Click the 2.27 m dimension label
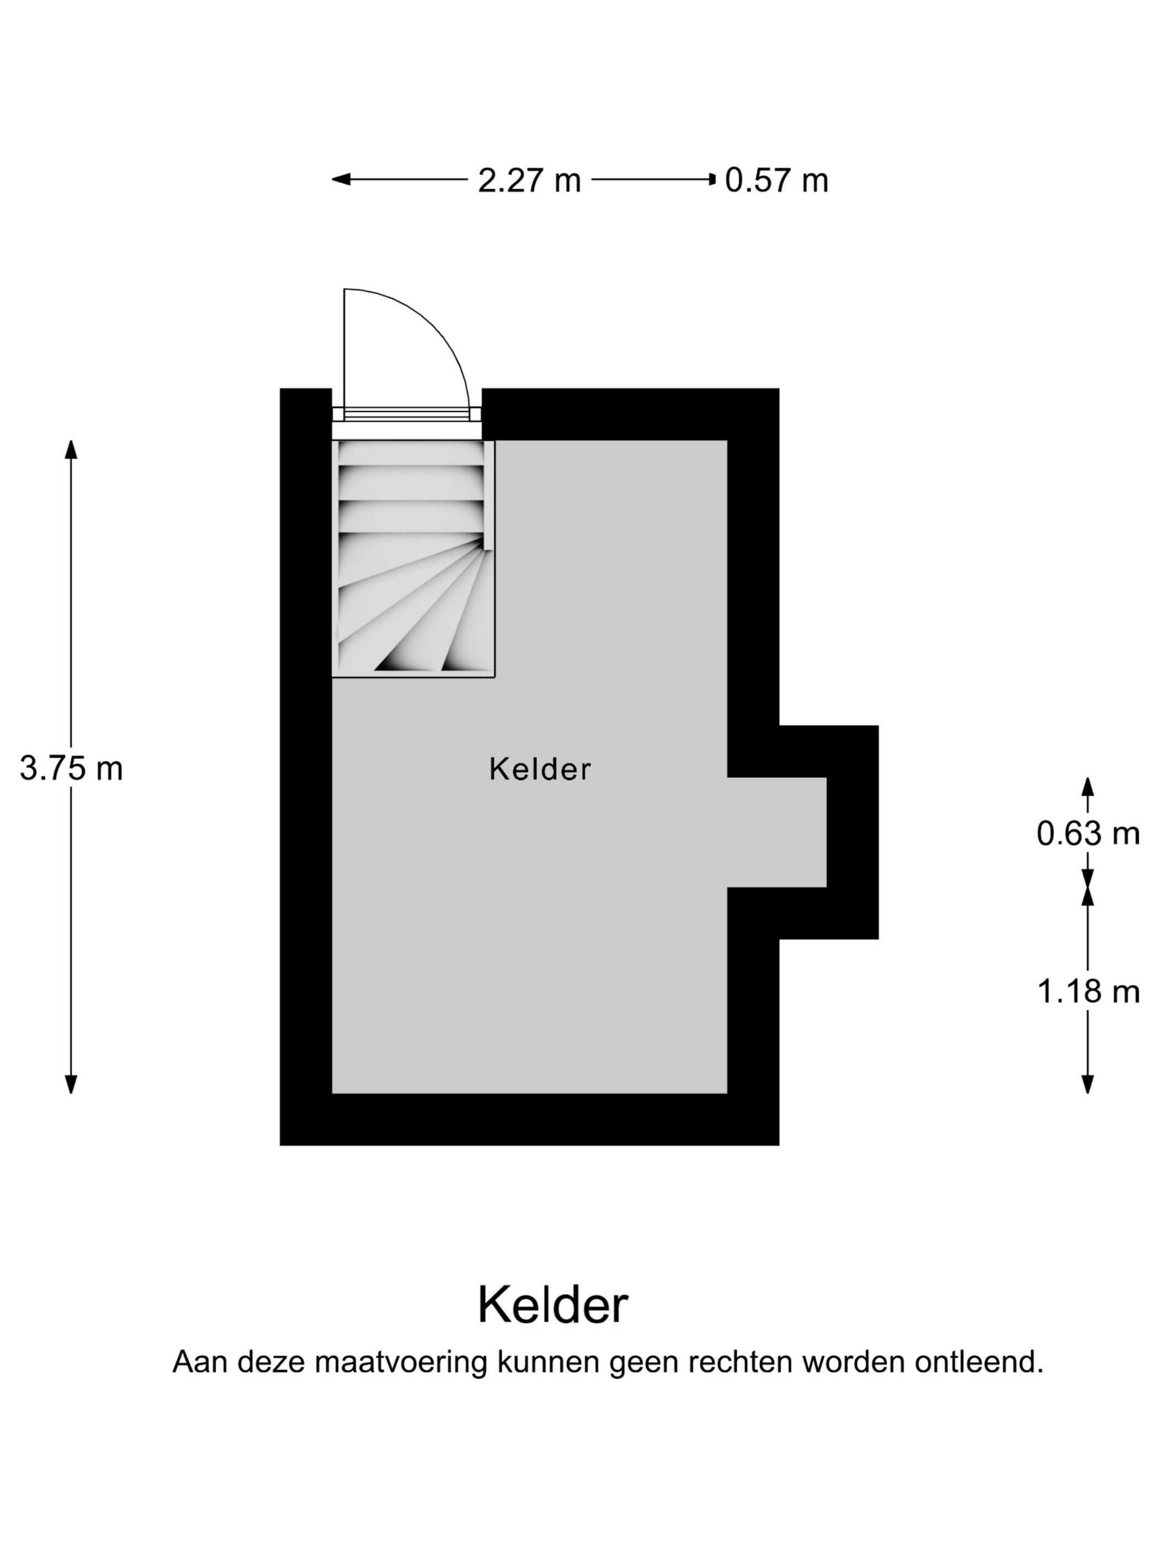click(529, 179)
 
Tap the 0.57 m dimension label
click(776, 179)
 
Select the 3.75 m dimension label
click(71, 768)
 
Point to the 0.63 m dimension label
click(1088, 833)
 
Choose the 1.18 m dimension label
click(1088, 991)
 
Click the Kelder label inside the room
click(539, 769)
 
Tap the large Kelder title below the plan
click(552, 1305)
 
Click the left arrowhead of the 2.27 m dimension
click(340, 179)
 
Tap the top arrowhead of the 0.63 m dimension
click(1088, 786)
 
